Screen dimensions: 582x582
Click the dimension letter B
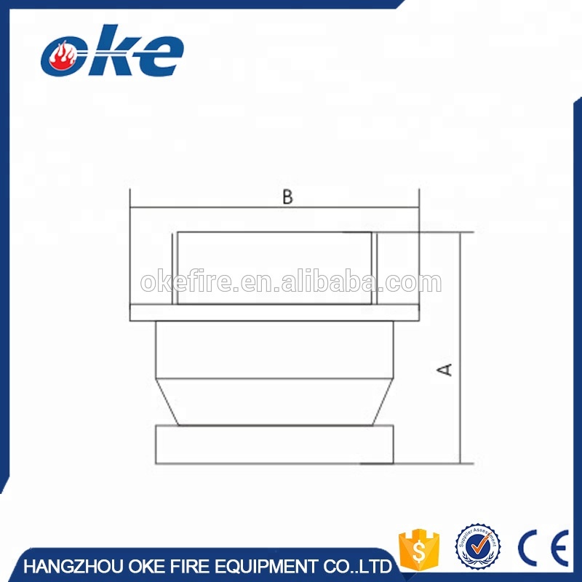[x=287, y=197]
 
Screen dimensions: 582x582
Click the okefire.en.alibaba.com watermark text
[x=290, y=282]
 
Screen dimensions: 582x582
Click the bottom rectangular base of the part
[x=275, y=445]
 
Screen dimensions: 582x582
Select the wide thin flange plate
[x=275, y=313]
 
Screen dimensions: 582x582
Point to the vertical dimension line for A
[x=461, y=306]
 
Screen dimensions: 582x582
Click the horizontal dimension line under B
[x=218, y=209]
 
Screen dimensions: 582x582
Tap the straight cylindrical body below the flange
[x=275, y=349]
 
